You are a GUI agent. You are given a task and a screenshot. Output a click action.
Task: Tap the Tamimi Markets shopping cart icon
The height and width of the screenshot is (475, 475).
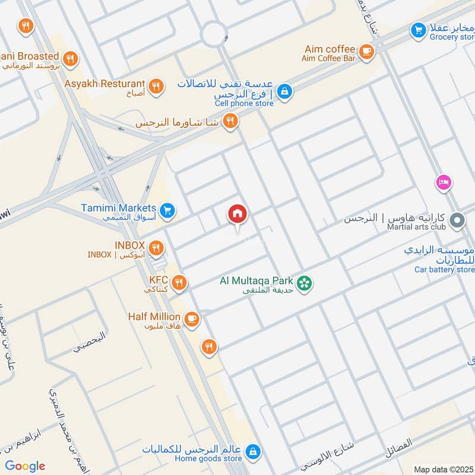pos(167,210)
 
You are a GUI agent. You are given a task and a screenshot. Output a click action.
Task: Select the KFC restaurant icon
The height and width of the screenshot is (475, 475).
pos(179,281)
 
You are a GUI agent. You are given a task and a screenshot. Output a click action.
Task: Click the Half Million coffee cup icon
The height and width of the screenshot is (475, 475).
pos(191,319)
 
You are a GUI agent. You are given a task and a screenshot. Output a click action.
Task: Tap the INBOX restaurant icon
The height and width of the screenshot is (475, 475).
pos(156,248)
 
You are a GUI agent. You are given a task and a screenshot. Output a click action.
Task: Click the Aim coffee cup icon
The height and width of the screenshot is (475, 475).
pos(366,52)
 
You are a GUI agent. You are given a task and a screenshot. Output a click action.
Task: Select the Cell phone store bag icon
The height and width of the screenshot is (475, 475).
pos(285,91)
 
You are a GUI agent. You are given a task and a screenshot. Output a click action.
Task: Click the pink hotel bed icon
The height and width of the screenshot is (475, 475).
pos(443,182)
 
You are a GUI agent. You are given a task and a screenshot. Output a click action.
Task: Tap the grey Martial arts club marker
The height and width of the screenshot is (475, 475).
pos(457,221)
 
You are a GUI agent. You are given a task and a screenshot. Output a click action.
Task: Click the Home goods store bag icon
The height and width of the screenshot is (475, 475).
pos(253,452)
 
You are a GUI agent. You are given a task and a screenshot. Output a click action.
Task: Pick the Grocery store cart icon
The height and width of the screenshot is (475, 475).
pos(418,29)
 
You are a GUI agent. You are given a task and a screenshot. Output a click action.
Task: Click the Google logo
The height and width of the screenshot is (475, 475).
pos(25,466)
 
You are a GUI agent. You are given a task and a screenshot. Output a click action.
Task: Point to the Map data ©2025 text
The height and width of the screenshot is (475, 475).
pos(444,469)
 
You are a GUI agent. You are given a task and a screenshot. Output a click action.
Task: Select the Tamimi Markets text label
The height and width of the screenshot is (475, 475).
pos(119,208)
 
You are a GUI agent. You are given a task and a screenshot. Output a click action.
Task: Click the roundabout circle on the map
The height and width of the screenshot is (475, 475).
pos(214,34)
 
